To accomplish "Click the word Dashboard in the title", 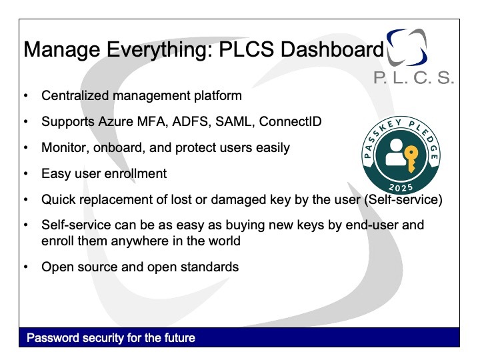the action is click(x=332, y=49).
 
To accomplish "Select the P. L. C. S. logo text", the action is click(x=413, y=78).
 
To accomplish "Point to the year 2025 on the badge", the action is click(x=401, y=187).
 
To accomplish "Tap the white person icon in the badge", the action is click(x=395, y=153).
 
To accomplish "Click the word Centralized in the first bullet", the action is click(x=75, y=96).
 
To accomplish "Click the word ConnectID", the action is click(x=290, y=121).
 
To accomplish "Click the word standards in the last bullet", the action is click(x=209, y=267).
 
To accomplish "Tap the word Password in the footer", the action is click(x=53, y=338).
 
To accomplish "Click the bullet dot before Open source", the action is click(x=26, y=267).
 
